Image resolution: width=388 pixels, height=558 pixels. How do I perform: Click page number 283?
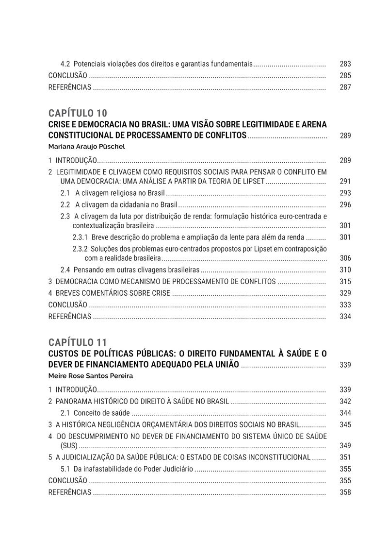345,64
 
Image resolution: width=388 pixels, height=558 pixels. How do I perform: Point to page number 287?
345,87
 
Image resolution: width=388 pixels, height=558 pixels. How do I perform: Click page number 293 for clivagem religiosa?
345,193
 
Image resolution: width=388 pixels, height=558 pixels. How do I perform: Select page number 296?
345,204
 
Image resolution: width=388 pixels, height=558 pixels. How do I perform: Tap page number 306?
345,258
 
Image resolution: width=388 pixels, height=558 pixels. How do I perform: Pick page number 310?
345,270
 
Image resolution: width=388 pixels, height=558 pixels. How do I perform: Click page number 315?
345,281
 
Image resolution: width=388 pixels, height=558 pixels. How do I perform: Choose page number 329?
345,293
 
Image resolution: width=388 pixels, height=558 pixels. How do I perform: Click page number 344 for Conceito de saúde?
345,413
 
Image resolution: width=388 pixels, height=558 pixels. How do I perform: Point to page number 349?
345,445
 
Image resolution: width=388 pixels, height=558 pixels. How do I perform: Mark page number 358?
345,492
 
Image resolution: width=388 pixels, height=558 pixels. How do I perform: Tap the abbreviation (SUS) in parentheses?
68,445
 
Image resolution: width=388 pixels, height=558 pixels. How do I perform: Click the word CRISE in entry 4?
161,293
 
